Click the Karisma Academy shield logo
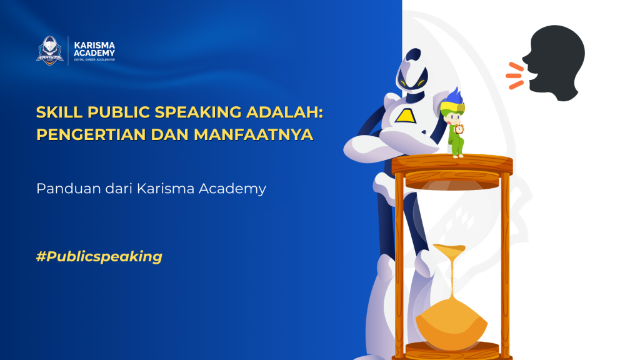(50, 50)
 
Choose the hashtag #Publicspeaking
(99, 256)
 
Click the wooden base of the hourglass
(451, 350)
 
